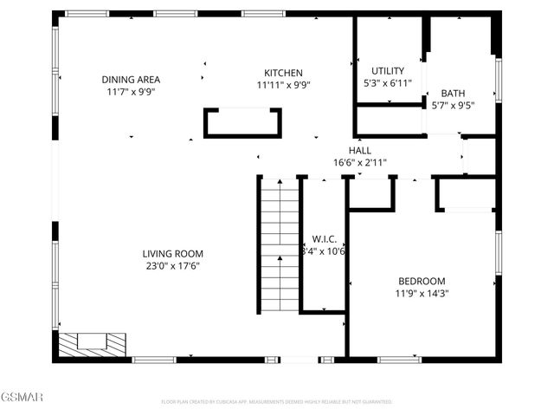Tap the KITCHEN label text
tap(283, 73)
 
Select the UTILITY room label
tap(387, 71)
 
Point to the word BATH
tap(453, 94)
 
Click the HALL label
tap(360, 150)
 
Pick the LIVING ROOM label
tap(173, 254)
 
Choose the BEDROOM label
tap(422, 281)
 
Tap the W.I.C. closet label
tap(324, 239)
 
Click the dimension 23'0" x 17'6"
tap(173, 266)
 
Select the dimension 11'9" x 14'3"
tap(422, 293)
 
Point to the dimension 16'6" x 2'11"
tap(360, 162)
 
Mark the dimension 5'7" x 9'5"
tap(453, 106)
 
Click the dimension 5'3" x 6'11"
tap(388, 83)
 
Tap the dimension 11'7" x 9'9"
tap(133, 91)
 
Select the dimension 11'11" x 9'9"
tap(283, 85)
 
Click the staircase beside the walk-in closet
tap(279, 234)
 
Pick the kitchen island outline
tap(242, 122)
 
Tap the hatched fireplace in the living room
tap(92, 343)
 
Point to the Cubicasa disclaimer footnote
tap(277, 402)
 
